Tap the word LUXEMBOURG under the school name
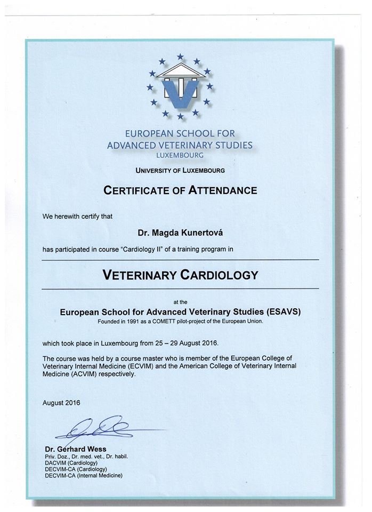(180, 155)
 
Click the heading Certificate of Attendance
(180, 190)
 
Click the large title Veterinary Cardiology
(180, 275)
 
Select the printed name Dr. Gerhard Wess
(75, 449)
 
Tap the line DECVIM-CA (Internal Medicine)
(84, 475)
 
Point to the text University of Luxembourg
(180, 171)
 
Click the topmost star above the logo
(180, 56)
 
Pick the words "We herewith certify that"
(77, 217)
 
